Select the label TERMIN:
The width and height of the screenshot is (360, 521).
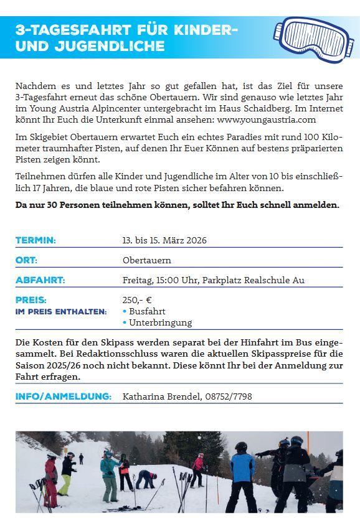pos(36,240)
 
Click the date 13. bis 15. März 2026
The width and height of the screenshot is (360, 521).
pos(164,240)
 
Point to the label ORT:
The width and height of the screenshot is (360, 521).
pos(26,260)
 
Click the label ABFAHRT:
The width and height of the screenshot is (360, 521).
pos(40,280)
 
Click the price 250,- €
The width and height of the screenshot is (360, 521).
pos(137,300)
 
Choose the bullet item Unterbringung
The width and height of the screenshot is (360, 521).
pos(160,322)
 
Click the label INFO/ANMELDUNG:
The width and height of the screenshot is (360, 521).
pos(64,396)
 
